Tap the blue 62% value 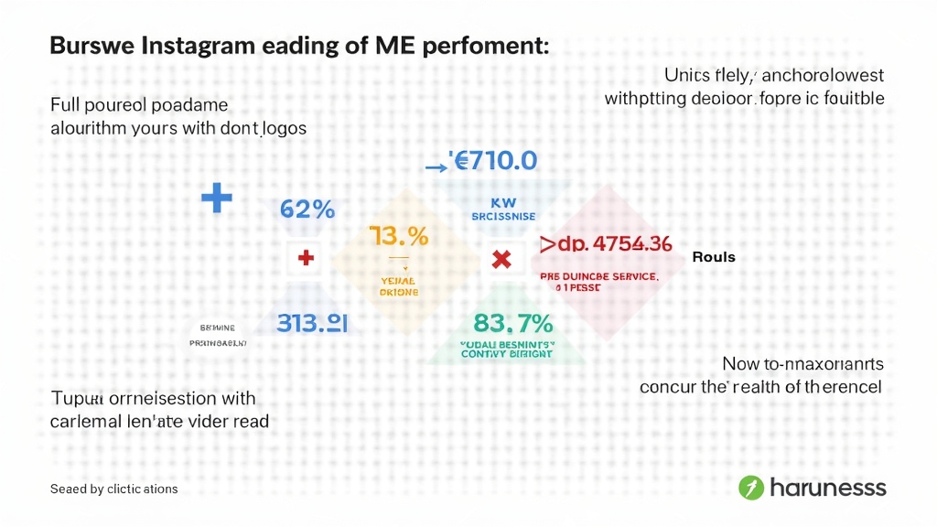point(307,209)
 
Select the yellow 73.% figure point(399,236)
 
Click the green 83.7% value point(513,323)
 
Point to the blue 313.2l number point(311,322)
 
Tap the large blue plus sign point(216,198)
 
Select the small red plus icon point(306,259)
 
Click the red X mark point(501,260)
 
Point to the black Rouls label point(714,257)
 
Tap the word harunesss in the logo point(828,487)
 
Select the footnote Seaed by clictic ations point(113,489)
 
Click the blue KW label point(504,200)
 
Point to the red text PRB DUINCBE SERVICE point(598,274)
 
